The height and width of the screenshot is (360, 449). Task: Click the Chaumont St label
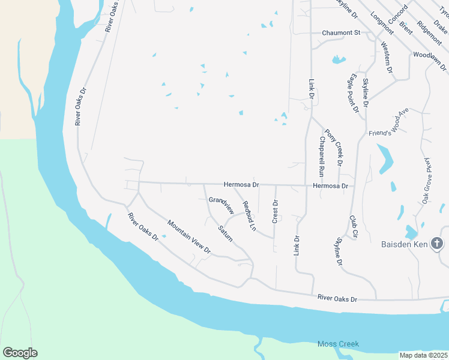click(340, 33)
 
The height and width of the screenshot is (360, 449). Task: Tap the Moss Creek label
click(337, 344)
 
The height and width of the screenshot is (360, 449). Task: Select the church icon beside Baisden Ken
click(438, 244)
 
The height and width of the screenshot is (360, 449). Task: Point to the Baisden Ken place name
click(405, 245)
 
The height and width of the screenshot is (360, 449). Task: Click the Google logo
click(20, 353)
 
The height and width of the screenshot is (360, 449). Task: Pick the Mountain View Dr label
click(189, 236)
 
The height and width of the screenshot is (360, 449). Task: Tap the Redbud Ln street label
click(249, 217)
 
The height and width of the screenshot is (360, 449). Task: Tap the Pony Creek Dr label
click(334, 148)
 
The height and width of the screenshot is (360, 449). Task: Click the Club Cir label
click(354, 227)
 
